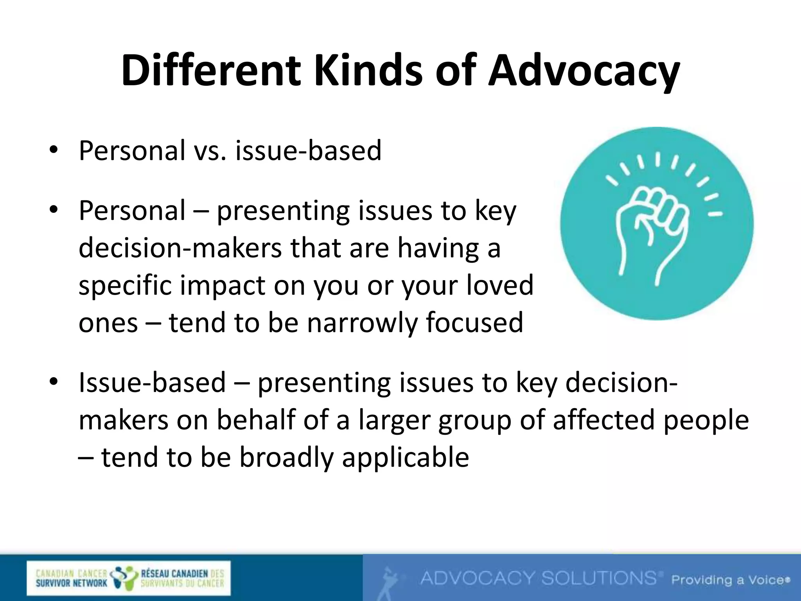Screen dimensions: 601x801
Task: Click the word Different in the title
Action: (211, 71)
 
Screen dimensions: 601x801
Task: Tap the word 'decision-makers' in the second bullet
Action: (180, 248)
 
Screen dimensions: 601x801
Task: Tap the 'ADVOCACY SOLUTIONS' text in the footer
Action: (538, 578)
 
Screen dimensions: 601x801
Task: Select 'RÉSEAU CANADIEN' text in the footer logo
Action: (174, 574)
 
